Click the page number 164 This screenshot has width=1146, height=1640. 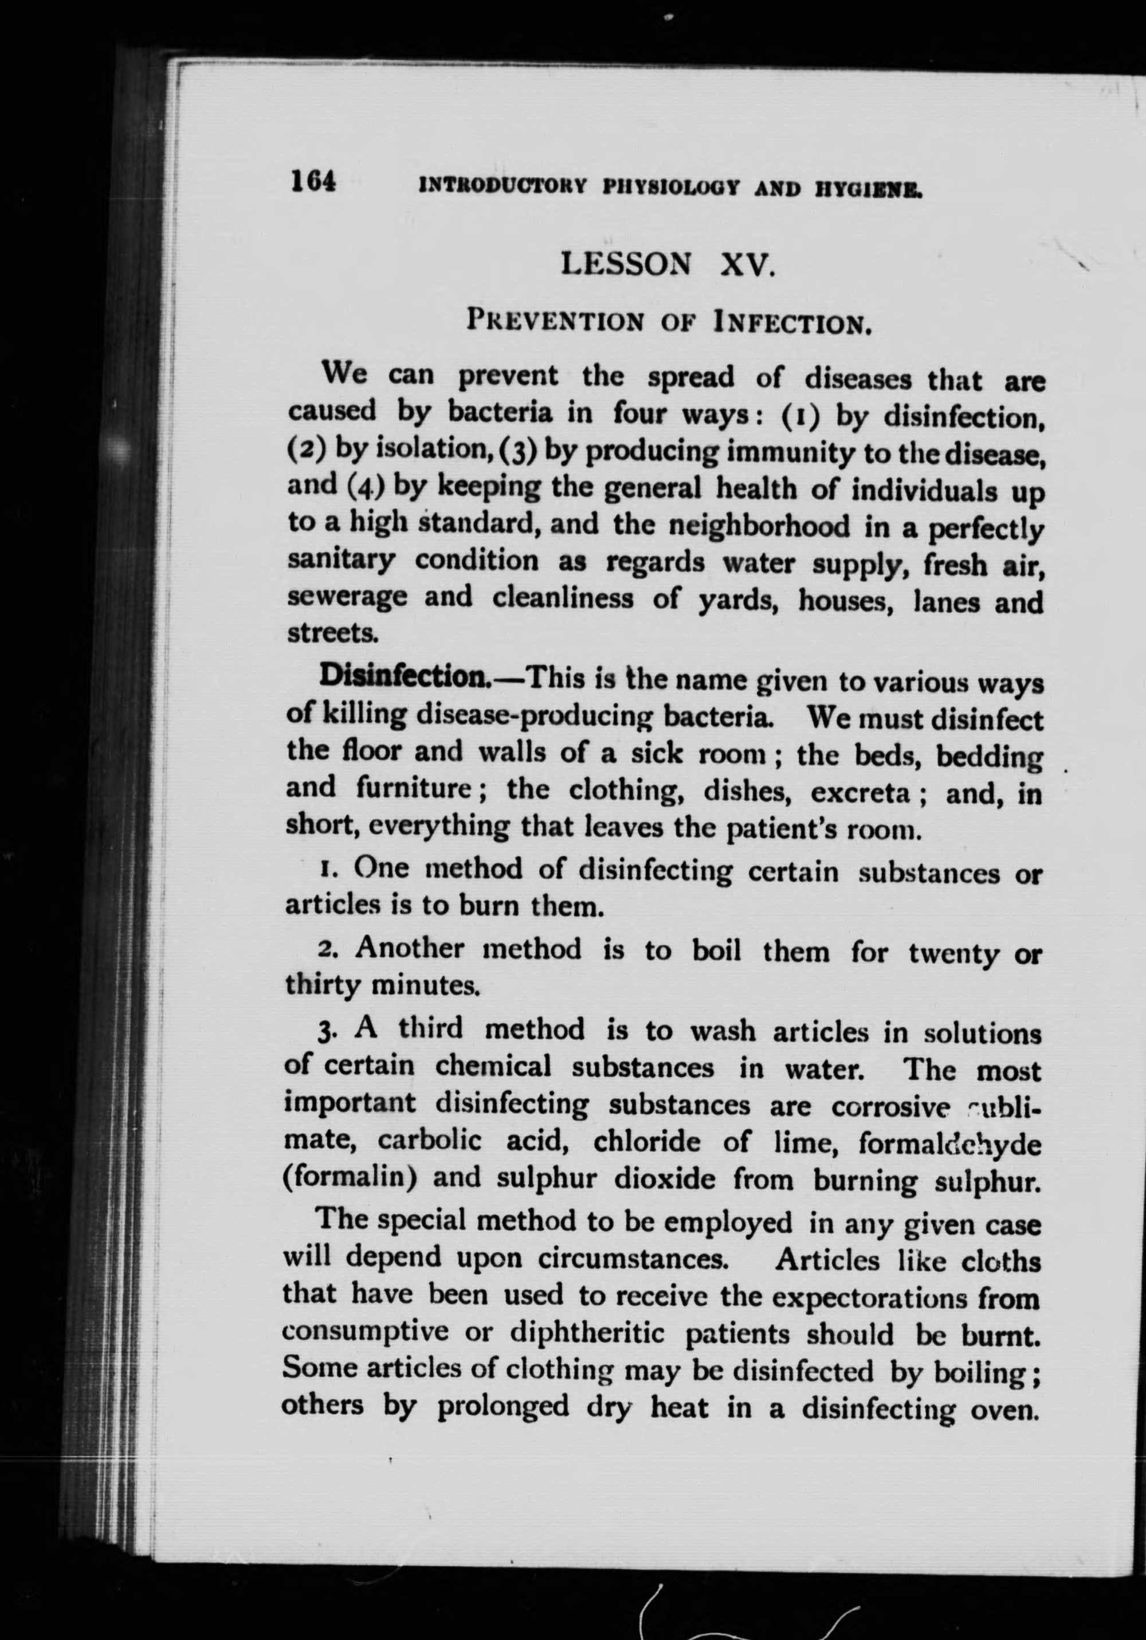click(313, 182)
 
